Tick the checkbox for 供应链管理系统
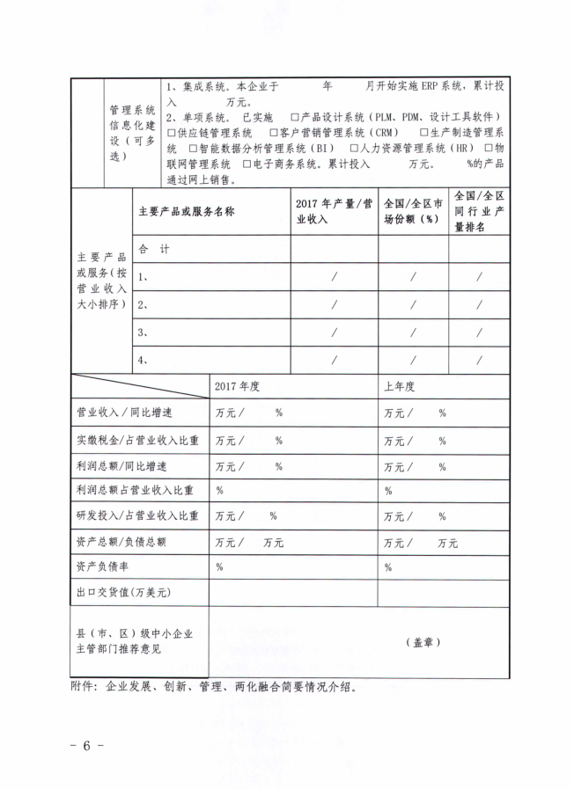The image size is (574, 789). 171,133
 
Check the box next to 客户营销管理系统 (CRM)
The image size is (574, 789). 274,133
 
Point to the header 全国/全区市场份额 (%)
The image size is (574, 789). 413,211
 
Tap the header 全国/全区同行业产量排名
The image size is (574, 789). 479,211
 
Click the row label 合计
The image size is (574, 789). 154,250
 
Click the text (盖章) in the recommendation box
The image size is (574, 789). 427,642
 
